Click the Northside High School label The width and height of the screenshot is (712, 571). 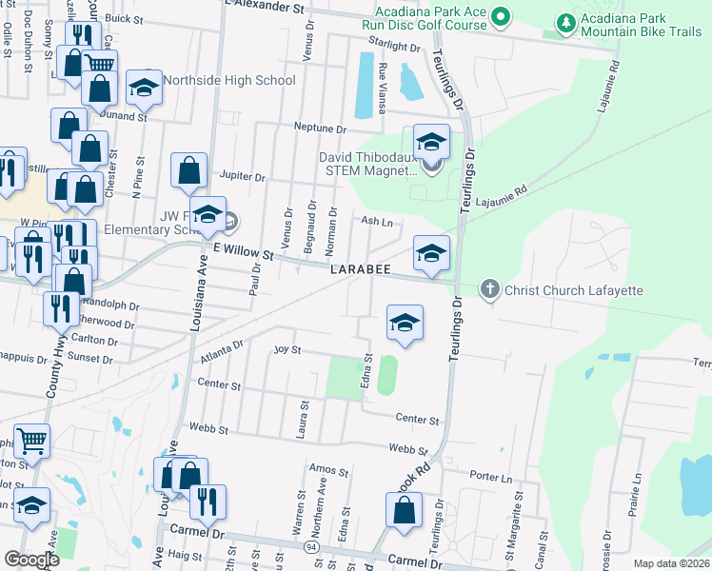point(228,80)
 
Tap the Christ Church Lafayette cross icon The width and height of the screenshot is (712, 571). point(489,288)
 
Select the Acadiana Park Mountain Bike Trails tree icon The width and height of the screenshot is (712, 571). point(566,22)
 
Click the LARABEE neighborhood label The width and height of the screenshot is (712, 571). point(362,270)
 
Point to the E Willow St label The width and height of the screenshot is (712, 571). point(243,252)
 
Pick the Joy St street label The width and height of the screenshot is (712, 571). point(287,350)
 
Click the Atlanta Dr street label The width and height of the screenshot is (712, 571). point(222,354)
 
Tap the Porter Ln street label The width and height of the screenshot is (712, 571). point(490,476)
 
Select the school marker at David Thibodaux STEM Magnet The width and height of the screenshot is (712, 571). point(431,143)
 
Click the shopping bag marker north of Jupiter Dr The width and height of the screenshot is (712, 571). point(189,170)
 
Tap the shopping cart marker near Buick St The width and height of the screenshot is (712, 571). point(99,65)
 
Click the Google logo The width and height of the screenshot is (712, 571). point(31,560)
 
